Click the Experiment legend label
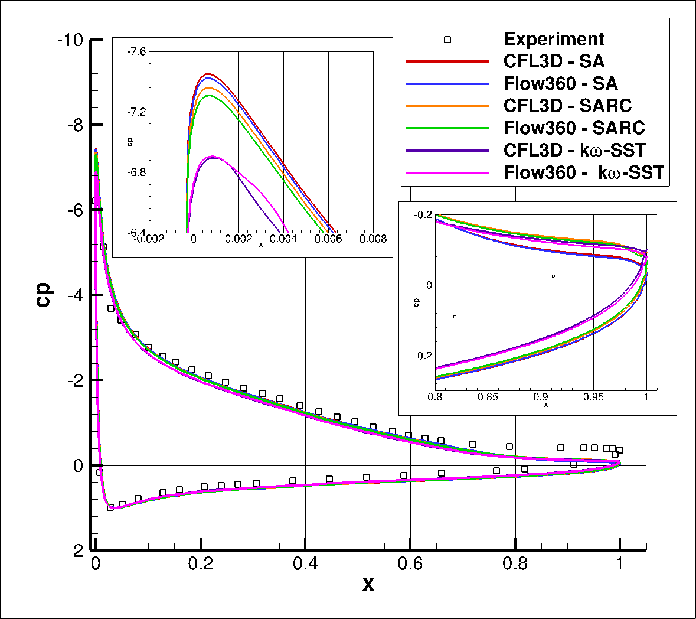(553, 39)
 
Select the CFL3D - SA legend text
(553, 61)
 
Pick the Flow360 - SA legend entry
(560, 83)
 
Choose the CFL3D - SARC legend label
(567, 105)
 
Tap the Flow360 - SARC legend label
(574, 128)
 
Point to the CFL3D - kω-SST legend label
(574, 150)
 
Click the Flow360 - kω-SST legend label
(583, 172)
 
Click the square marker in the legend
(447, 40)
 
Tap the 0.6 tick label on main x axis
(410, 563)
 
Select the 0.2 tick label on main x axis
(201, 563)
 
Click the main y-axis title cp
(44, 295)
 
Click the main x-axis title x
(368, 585)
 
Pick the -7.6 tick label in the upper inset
(136, 52)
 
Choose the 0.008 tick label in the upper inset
(373, 239)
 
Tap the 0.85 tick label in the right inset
(488, 397)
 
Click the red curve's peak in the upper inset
(208, 74)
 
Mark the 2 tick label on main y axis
(78, 552)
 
